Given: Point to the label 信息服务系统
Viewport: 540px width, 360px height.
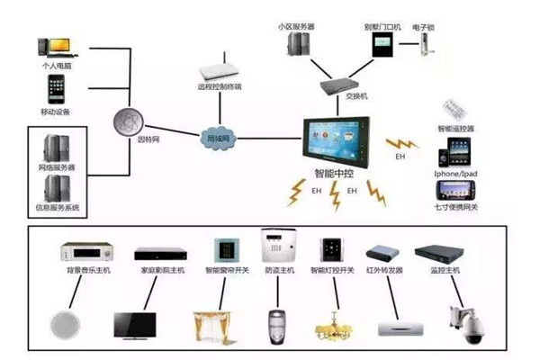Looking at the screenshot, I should tap(58, 209).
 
